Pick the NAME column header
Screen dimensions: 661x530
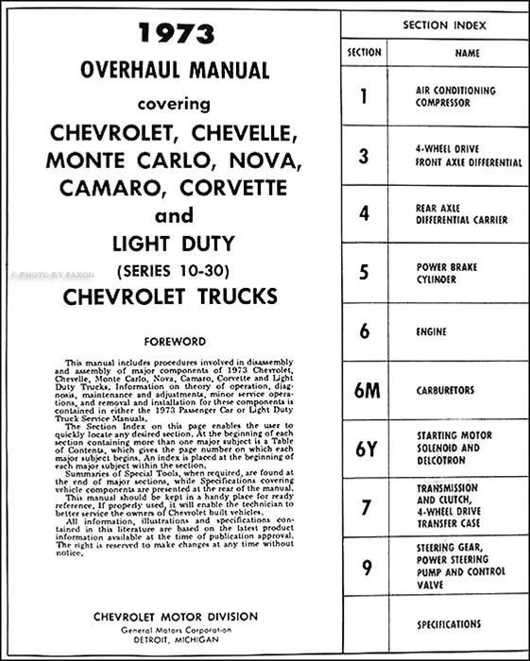(467, 54)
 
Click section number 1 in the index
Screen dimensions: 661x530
(364, 95)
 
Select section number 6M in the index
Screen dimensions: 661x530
(364, 389)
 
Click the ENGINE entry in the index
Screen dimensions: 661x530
(432, 331)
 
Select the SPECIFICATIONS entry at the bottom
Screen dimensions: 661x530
(448, 624)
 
